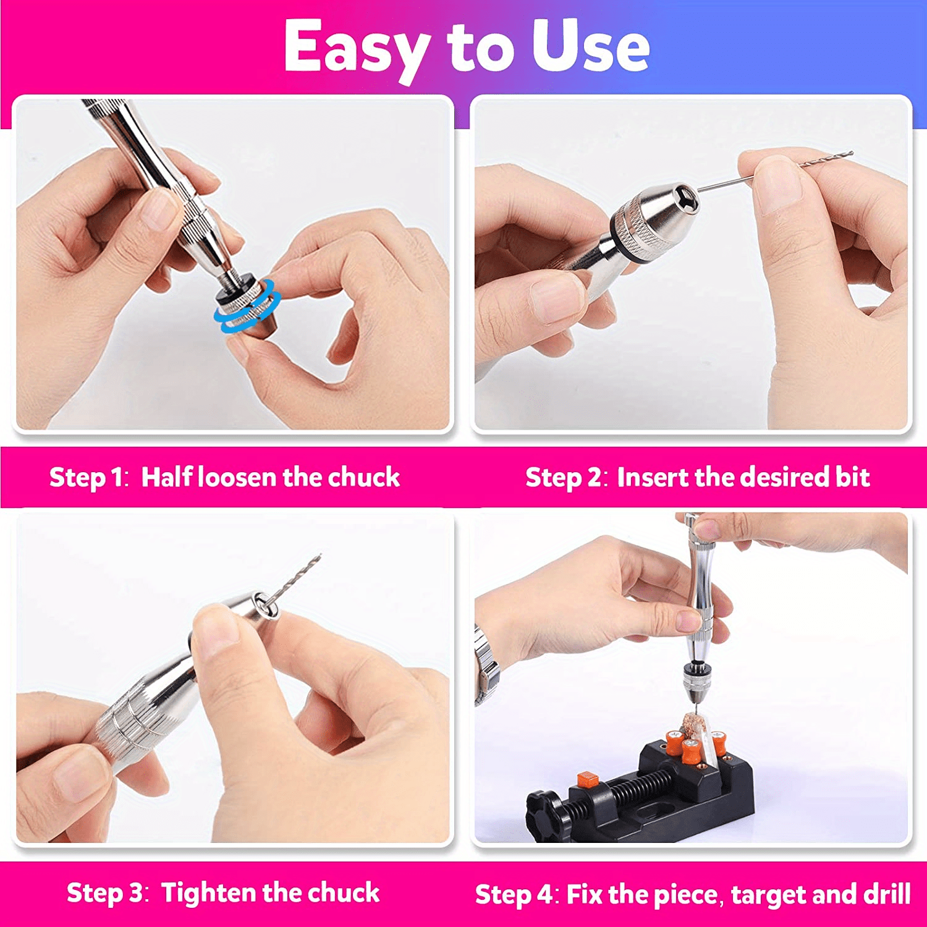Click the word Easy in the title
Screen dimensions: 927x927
click(x=357, y=47)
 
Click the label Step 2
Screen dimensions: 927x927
click(x=563, y=477)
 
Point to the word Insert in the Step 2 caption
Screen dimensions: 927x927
click(x=653, y=477)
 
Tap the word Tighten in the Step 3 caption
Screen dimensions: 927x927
click(x=209, y=893)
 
